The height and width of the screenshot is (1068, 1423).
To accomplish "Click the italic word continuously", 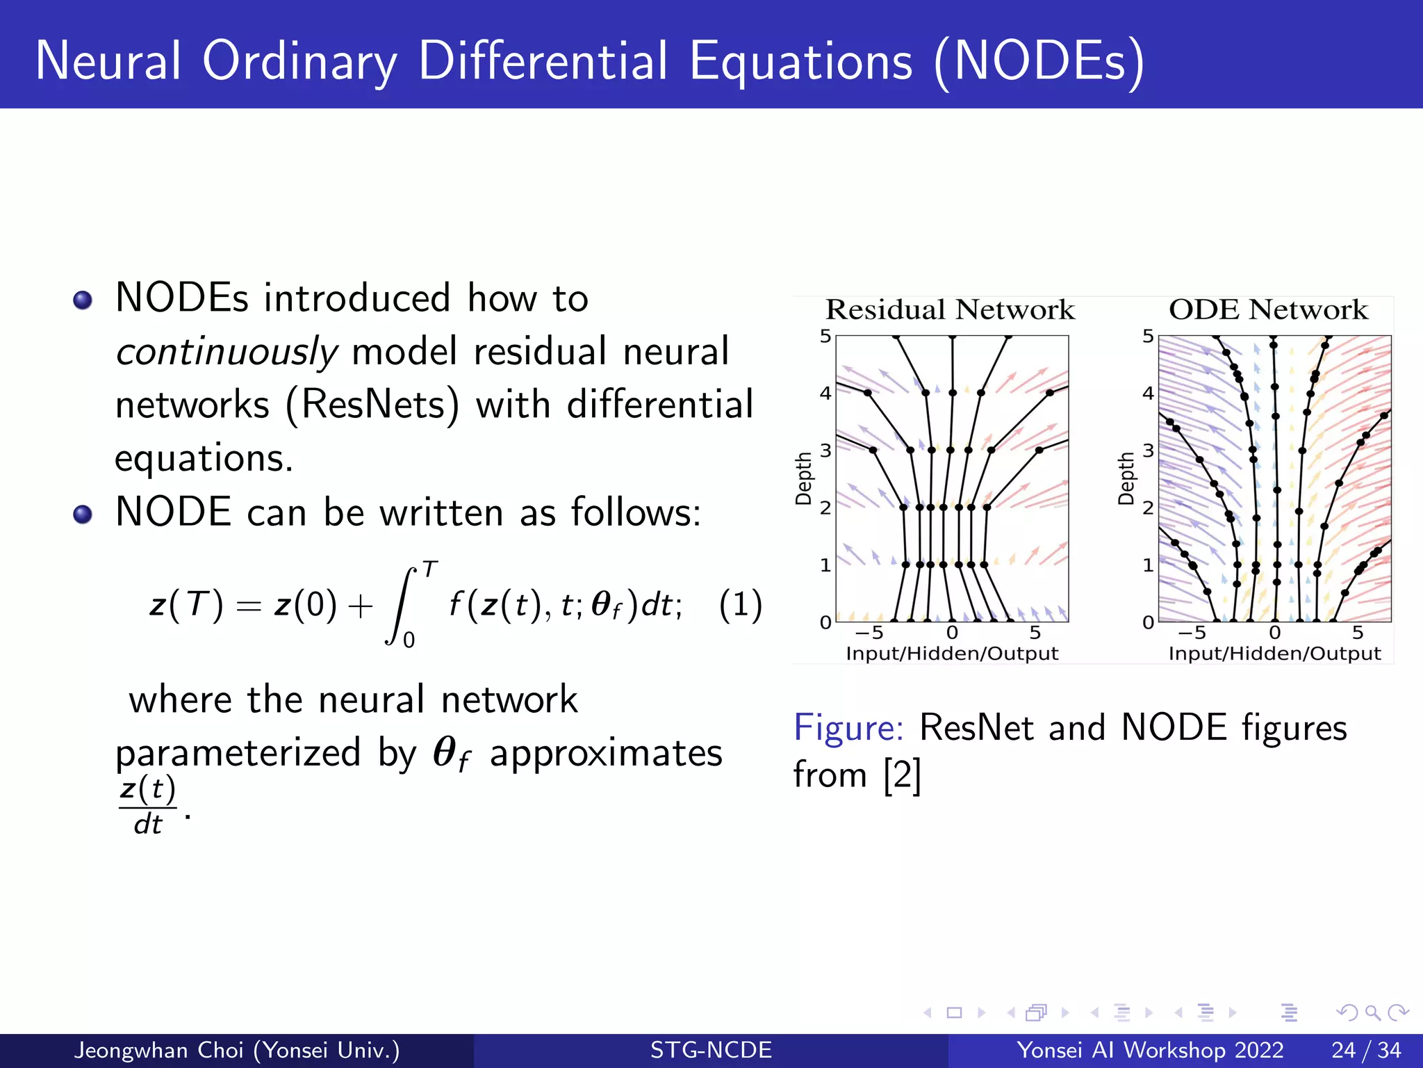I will point(226,351).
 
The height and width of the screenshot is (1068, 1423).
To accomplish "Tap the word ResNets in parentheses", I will point(372,405).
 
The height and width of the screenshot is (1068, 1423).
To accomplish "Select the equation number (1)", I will point(740,604).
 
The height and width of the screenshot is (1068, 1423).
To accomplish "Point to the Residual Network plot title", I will point(949,310).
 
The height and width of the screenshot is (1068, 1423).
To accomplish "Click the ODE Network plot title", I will point(1268,310).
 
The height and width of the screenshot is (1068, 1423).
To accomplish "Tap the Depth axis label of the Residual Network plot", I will point(804,478).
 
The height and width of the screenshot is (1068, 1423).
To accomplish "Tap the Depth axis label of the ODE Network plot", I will point(1126,478).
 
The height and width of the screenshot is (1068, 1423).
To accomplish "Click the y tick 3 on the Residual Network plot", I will point(825,451).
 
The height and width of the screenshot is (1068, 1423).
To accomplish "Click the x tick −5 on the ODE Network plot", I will point(1192,633).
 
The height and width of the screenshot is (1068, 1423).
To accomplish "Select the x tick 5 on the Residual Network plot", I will point(1035,633).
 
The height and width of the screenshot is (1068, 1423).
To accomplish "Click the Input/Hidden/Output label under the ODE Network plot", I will point(1274,654).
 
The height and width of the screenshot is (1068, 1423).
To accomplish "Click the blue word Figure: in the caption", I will point(848,728).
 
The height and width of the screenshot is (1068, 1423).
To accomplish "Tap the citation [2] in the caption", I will point(902,775).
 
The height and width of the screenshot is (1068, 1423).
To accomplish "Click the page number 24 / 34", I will point(1365,1050).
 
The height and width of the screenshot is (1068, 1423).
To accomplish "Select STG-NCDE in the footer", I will point(711,1050).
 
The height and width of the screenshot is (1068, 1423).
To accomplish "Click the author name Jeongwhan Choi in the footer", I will point(159,1050).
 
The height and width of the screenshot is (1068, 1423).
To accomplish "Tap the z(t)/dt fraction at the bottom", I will point(147,807).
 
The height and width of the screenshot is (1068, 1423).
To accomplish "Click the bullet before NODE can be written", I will point(83,515).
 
